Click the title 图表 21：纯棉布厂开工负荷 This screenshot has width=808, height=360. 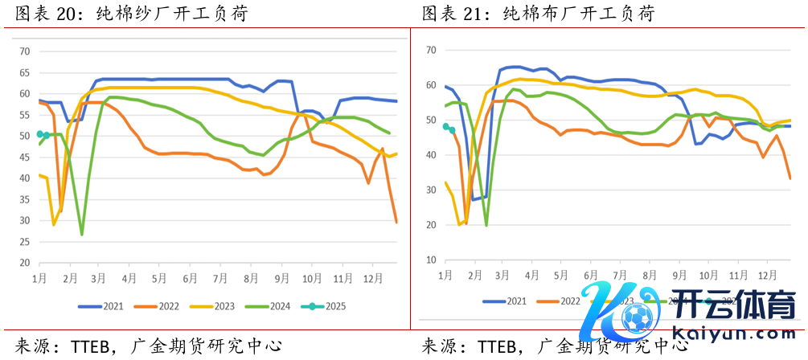tap(539, 14)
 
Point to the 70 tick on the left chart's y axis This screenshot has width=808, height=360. tap(24, 51)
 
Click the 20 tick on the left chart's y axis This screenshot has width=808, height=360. tap(24, 263)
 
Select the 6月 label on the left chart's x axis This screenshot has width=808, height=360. tap(190, 278)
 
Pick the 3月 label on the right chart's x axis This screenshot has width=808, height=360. tap(502, 275)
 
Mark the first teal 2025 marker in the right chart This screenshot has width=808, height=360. tap(445, 126)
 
